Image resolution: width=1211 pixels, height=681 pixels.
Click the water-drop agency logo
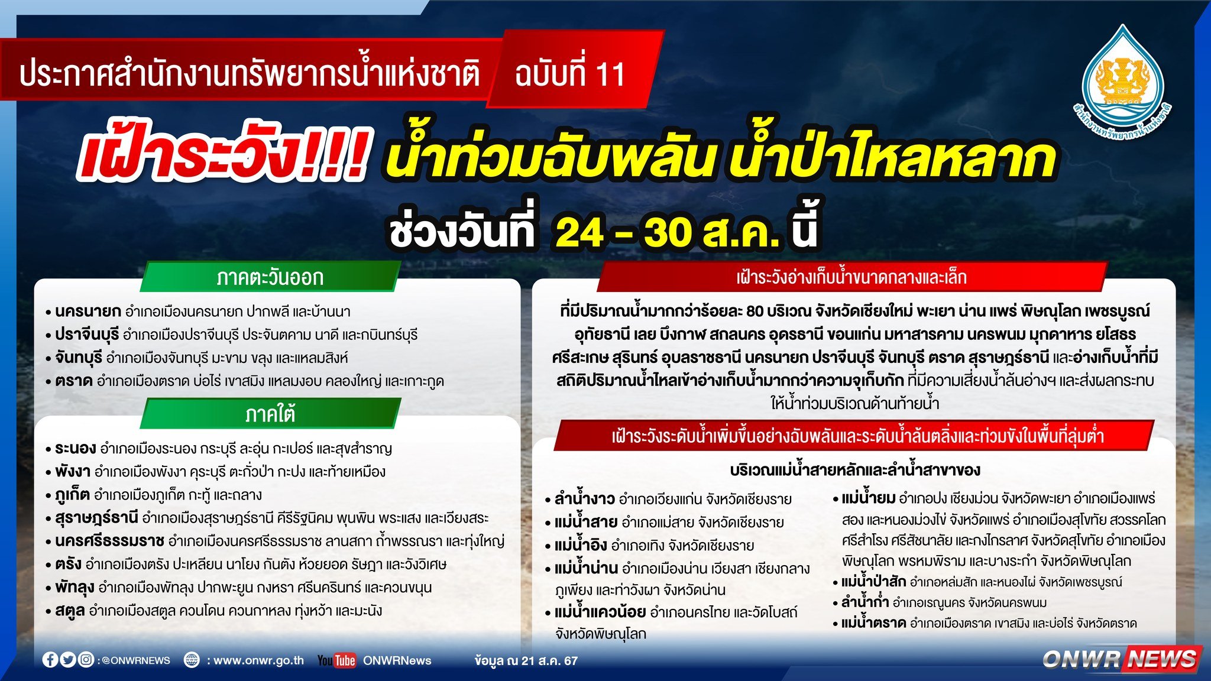coord(1122,80)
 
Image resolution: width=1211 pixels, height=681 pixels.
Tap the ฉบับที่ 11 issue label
coord(570,74)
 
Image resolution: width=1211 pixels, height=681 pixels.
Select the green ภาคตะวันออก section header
coord(270,277)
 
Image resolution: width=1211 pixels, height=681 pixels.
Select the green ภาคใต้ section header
coord(270,414)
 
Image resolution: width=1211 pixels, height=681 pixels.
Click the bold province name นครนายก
coord(88,312)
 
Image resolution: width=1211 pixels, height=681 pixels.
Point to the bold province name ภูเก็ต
coord(72,494)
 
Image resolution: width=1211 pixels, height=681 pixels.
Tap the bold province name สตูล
coord(70,611)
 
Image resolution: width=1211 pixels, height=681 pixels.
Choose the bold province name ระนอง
coord(75,448)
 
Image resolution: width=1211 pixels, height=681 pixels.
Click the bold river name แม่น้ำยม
coord(868,498)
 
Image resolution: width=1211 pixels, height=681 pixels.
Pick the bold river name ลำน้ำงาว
coord(584,498)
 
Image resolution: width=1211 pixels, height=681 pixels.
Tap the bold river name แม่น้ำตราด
coord(873,622)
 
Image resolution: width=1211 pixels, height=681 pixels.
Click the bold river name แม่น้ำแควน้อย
coord(600,612)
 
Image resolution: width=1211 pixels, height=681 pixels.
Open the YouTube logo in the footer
coord(336,660)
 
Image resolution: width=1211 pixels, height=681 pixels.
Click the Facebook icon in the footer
coord(50,660)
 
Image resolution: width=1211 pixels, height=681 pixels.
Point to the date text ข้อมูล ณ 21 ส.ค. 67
coord(526,660)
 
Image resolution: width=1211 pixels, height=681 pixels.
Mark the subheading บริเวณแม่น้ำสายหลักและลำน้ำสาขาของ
coord(855,471)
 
